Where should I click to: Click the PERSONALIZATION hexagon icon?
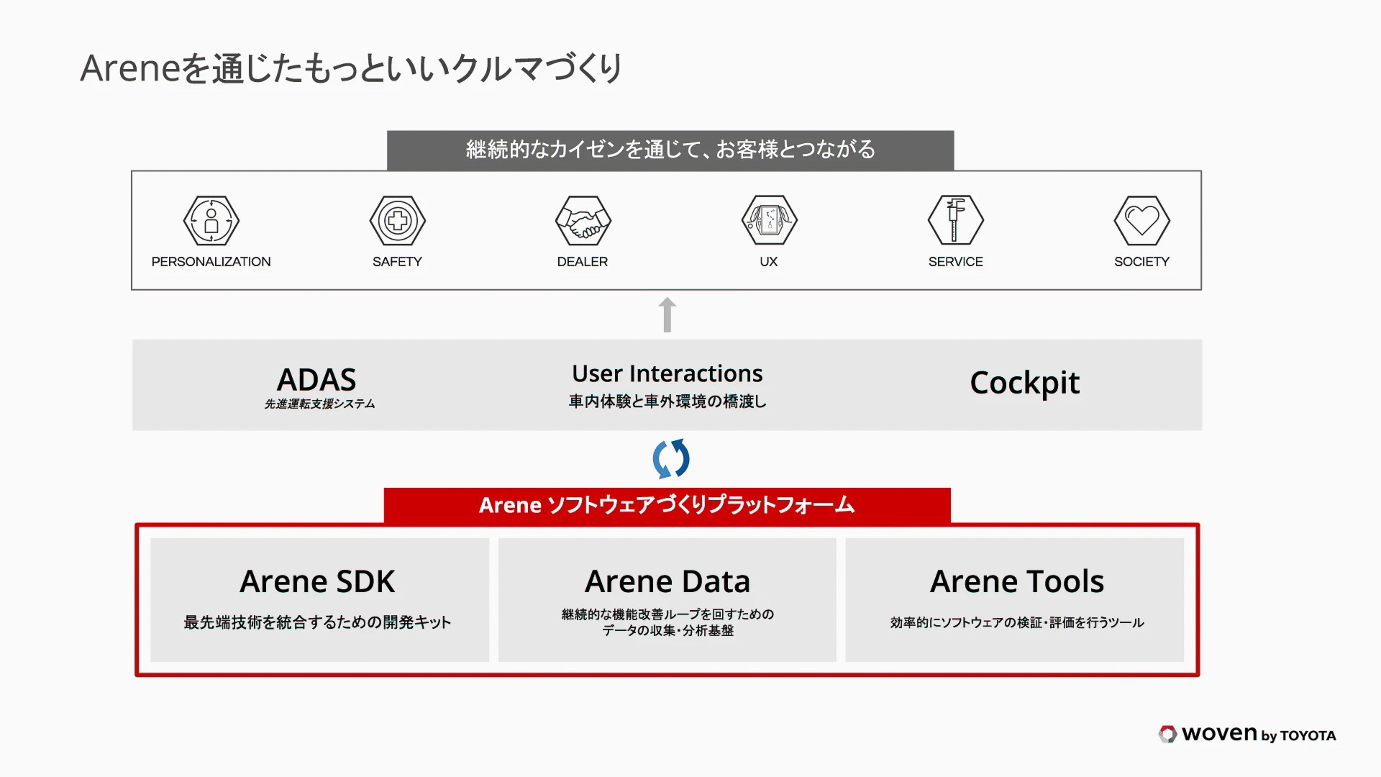pyautogui.click(x=211, y=221)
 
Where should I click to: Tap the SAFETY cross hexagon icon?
pyautogui.click(x=397, y=221)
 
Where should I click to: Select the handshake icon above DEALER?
pyautogui.click(x=583, y=221)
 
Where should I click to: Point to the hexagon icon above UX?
pyautogui.click(x=769, y=221)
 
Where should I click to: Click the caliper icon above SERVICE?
pyautogui.click(x=955, y=221)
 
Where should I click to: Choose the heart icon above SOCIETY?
pyautogui.click(x=1141, y=221)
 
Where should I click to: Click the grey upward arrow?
pyautogui.click(x=667, y=314)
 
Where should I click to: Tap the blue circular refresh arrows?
pyautogui.click(x=670, y=459)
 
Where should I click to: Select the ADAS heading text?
pyautogui.click(x=316, y=379)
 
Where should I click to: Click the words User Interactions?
pyautogui.click(x=667, y=373)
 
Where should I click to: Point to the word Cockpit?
pyautogui.click(x=1024, y=383)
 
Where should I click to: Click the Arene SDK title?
pyautogui.click(x=317, y=581)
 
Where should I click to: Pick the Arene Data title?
pyautogui.click(x=667, y=581)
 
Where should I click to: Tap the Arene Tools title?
pyautogui.click(x=1016, y=581)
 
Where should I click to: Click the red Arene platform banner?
pyautogui.click(x=667, y=505)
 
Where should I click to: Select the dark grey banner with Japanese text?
pyautogui.click(x=670, y=150)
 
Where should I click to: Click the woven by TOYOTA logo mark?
pyautogui.click(x=1167, y=734)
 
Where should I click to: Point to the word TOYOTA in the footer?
pyautogui.click(x=1308, y=735)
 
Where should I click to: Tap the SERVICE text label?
pyautogui.click(x=955, y=262)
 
